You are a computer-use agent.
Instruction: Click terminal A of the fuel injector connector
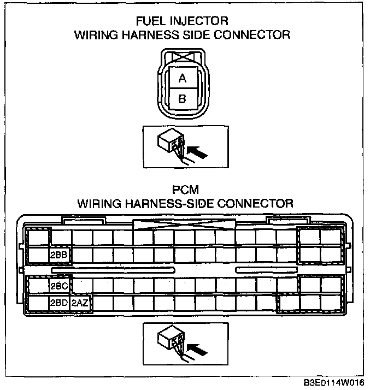tap(182, 79)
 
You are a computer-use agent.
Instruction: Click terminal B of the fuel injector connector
tap(182, 99)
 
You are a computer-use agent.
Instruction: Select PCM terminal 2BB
tap(58, 255)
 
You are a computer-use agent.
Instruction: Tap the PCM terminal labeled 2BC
tap(58, 285)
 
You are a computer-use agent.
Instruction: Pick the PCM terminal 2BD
tap(58, 303)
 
